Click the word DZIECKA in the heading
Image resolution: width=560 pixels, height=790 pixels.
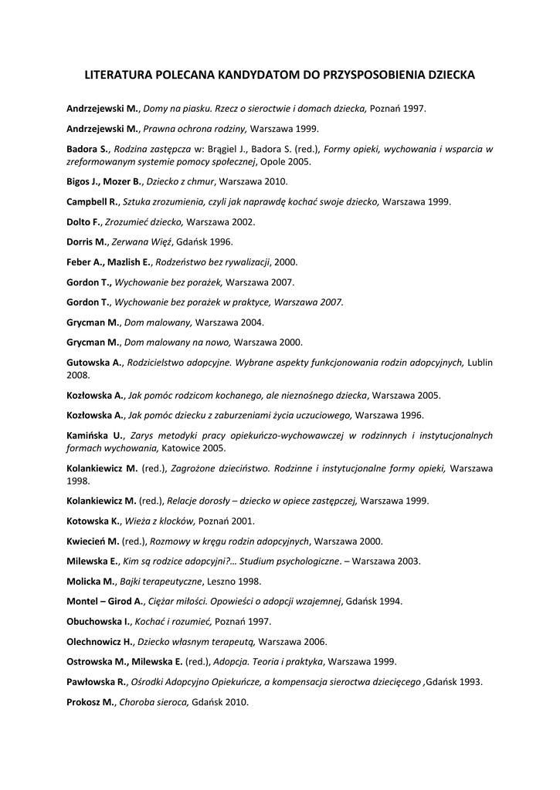pyautogui.click(x=447, y=76)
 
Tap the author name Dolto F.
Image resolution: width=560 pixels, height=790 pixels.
pyautogui.click(x=84, y=221)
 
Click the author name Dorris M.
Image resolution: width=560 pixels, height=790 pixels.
pyautogui.click(x=87, y=241)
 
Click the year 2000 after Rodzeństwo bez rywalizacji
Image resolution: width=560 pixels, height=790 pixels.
pyautogui.click(x=286, y=262)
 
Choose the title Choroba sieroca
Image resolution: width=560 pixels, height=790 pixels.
pyautogui.click(x=154, y=702)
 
